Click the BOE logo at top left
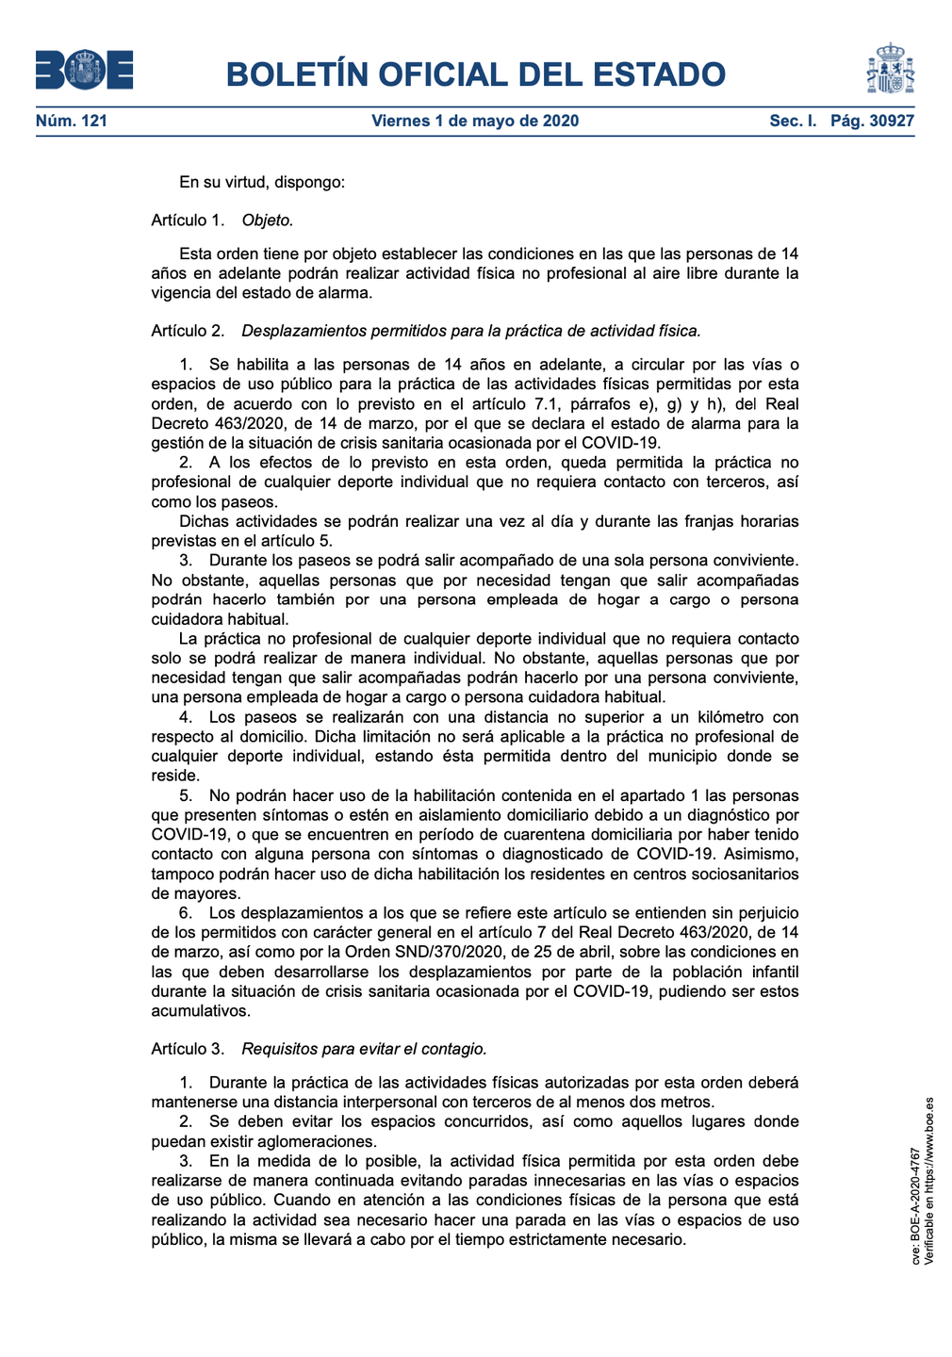tap(84, 71)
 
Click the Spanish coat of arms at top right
tap(890, 69)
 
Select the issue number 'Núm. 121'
tap(72, 121)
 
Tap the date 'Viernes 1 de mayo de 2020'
tap(475, 121)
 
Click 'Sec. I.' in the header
tap(793, 121)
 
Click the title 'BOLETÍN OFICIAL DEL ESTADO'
tap(475, 74)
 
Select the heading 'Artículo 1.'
tap(188, 221)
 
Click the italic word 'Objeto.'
tap(268, 221)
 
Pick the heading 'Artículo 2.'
tap(188, 331)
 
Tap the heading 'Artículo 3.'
tap(188, 1049)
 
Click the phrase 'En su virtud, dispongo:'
tap(262, 182)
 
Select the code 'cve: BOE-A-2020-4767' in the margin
tap(915, 1205)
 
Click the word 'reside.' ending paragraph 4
tap(175, 776)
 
